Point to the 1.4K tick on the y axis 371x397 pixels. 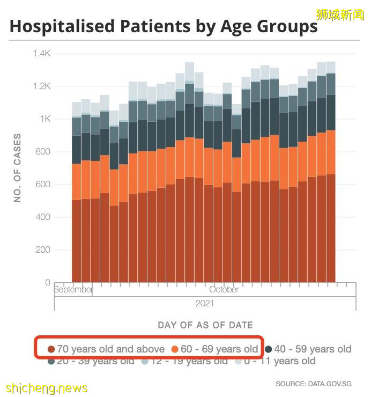[x=41, y=54]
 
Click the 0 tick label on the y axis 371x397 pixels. [x=48, y=283]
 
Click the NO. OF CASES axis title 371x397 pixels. [x=17, y=168]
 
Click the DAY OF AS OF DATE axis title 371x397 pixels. [x=205, y=325]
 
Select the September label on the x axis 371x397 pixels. [x=73, y=290]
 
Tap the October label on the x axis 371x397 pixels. [x=224, y=290]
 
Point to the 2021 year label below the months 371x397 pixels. [x=205, y=304]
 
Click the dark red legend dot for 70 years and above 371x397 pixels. [x=51, y=349]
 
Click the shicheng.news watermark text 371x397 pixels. [x=47, y=388]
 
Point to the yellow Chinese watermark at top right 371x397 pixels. [x=339, y=14]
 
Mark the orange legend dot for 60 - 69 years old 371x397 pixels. [x=175, y=349]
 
